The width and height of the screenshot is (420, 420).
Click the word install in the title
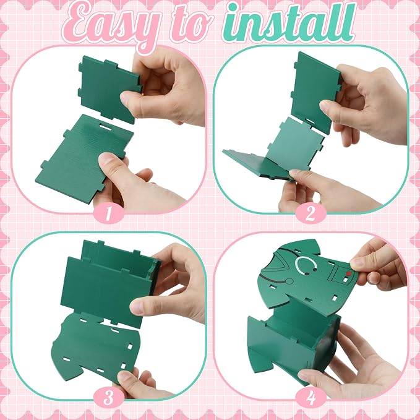pos(289,24)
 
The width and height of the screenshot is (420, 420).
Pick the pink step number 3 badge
pos(108,397)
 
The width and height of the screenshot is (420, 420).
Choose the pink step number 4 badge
pos(311,397)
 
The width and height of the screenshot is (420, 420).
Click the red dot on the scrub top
pos(348,274)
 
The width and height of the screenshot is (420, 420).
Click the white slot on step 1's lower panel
pos(105,126)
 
